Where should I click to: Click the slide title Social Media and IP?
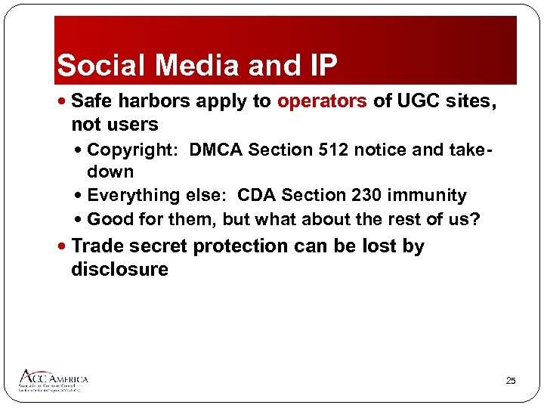[196, 66]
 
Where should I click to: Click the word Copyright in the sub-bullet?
[131, 150]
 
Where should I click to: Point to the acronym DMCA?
[216, 150]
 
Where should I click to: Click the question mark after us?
[475, 219]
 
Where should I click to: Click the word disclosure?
[119, 269]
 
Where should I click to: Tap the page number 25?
[510, 382]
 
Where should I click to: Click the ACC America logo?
[53, 380]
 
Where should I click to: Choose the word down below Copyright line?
[110, 172]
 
